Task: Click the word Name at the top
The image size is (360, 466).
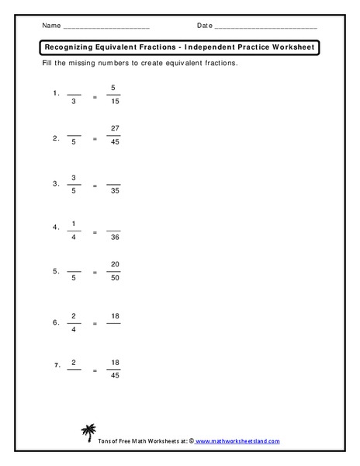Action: click(x=51, y=26)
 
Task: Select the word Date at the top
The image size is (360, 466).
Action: click(x=204, y=26)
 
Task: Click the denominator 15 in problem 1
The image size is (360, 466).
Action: click(x=114, y=101)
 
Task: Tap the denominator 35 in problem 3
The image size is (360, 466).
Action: click(x=114, y=190)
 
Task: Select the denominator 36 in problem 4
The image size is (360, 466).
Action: click(x=114, y=238)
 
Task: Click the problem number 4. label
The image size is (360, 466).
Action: click(x=56, y=228)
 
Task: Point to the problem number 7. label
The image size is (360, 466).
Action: click(x=56, y=364)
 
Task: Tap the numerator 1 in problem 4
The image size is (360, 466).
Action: click(x=74, y=224)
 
